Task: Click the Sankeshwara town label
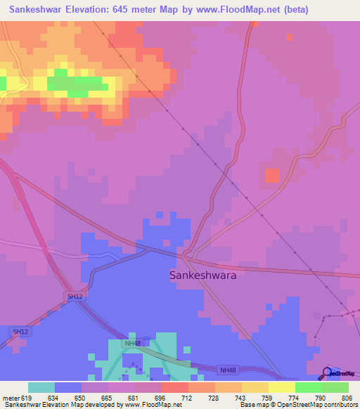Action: (x=203, y=275)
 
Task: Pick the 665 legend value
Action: (x=108, y=399)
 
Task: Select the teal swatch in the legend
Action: (x=41, y=387)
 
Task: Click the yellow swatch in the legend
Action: (x=281, y=387)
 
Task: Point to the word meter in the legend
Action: (x=10, y=399)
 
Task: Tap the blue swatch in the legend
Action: (x=67, y=387)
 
